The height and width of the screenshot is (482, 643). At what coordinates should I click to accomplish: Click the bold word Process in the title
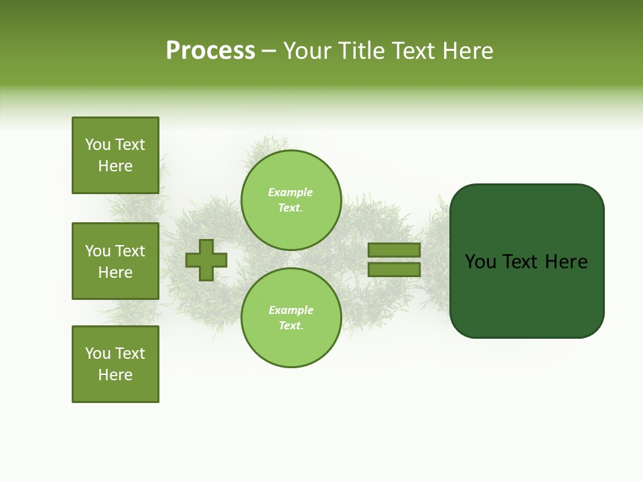coord(210,51)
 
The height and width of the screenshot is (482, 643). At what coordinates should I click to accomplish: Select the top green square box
coord(115,155)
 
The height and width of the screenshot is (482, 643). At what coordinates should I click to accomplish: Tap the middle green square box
coord(115,261)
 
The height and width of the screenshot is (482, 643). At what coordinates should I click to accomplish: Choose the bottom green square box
coord(115,364)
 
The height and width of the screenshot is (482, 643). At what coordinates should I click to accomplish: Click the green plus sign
coord(206,260)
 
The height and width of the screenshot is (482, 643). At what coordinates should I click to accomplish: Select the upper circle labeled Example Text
coord(291,200)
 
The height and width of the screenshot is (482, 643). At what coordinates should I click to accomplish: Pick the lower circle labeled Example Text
coord(291,318)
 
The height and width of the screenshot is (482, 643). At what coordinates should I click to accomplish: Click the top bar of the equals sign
coord(394,250)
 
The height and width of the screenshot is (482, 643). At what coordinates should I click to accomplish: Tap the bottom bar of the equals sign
coord(394,269)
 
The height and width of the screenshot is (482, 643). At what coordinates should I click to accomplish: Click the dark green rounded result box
coord(526,261)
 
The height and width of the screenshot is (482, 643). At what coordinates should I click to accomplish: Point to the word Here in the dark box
coord(566,262)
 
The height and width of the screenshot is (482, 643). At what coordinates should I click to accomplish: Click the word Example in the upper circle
coord(290,193)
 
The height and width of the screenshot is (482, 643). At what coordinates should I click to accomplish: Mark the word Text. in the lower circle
coord(291,326)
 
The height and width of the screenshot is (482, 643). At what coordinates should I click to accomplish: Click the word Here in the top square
coord(115,166)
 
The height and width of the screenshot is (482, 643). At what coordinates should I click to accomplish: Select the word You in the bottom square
coord(98,353)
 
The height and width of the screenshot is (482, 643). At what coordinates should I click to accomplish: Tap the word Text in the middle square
coord(130,251)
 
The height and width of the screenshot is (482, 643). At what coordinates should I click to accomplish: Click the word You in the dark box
coord(481,262)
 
